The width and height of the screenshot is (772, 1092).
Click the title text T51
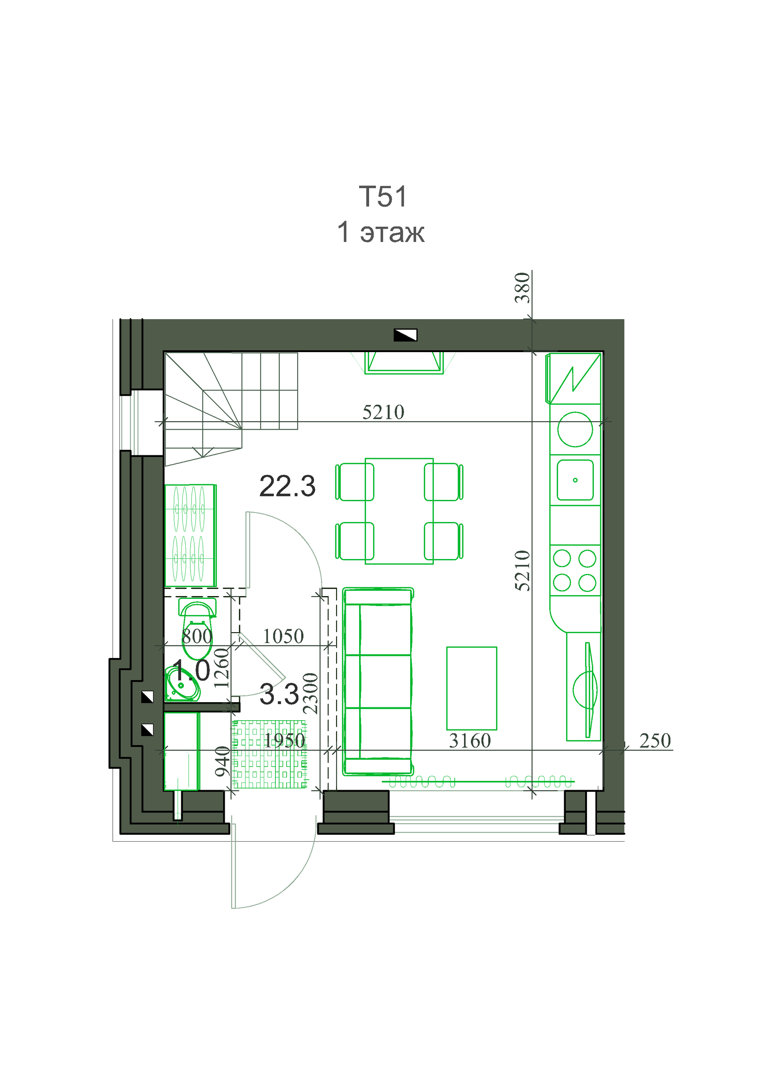pyautogui.click(x=383, y=197)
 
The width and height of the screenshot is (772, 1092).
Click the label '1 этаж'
pyautogui.click(x=380, y=233)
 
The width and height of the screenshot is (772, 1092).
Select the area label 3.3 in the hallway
pyautogui.click(x=279, y=694)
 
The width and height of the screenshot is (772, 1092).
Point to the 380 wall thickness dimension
pyautogui.click(x=522, y=287)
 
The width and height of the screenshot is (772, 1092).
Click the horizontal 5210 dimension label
pyautogui.click(x=383, y=412)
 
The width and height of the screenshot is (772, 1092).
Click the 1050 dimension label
pyautogui.click(x=283, y=636)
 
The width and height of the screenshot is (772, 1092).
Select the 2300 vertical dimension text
pyautogui.click(x=310, y=693)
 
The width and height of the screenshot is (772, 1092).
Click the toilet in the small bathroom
pyautogui.click(x=197, y=628)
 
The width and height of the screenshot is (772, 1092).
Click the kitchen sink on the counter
pyautogui.click(x=575, y=480)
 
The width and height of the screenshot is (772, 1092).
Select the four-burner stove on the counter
pyautogui.click(x=575, y=570)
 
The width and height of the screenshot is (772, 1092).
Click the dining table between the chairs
pyautogui.click(x=399, y=511)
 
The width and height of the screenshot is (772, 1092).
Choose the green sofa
pyautogui.click(x=378, y=682)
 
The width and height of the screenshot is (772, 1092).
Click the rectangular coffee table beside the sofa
pyautogui.click(x=471, y=688)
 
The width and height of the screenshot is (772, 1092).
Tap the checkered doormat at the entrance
pyautogui.click(x=269, y=754)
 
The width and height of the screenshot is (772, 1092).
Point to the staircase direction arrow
pyautogui.click(x=203, y=451)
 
